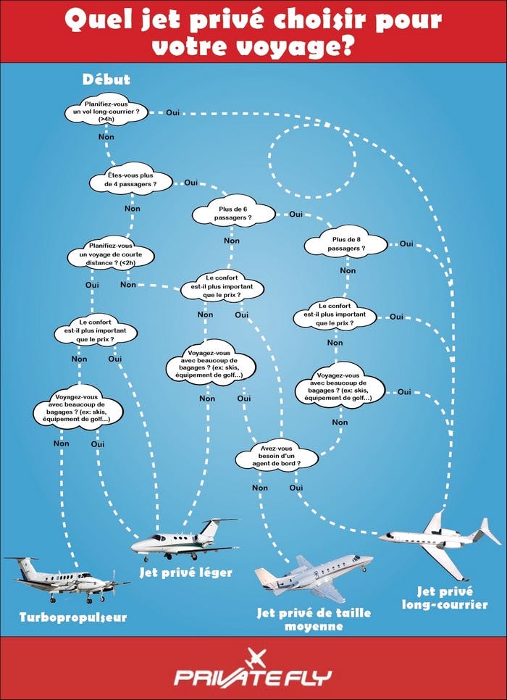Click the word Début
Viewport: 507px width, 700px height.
106,79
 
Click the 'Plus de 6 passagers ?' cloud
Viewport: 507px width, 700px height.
234,213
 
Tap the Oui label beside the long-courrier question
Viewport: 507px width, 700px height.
173,112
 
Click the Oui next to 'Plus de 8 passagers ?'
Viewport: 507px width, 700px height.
406,243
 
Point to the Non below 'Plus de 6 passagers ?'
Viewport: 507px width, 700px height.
232,241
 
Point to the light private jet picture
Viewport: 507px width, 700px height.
185,540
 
